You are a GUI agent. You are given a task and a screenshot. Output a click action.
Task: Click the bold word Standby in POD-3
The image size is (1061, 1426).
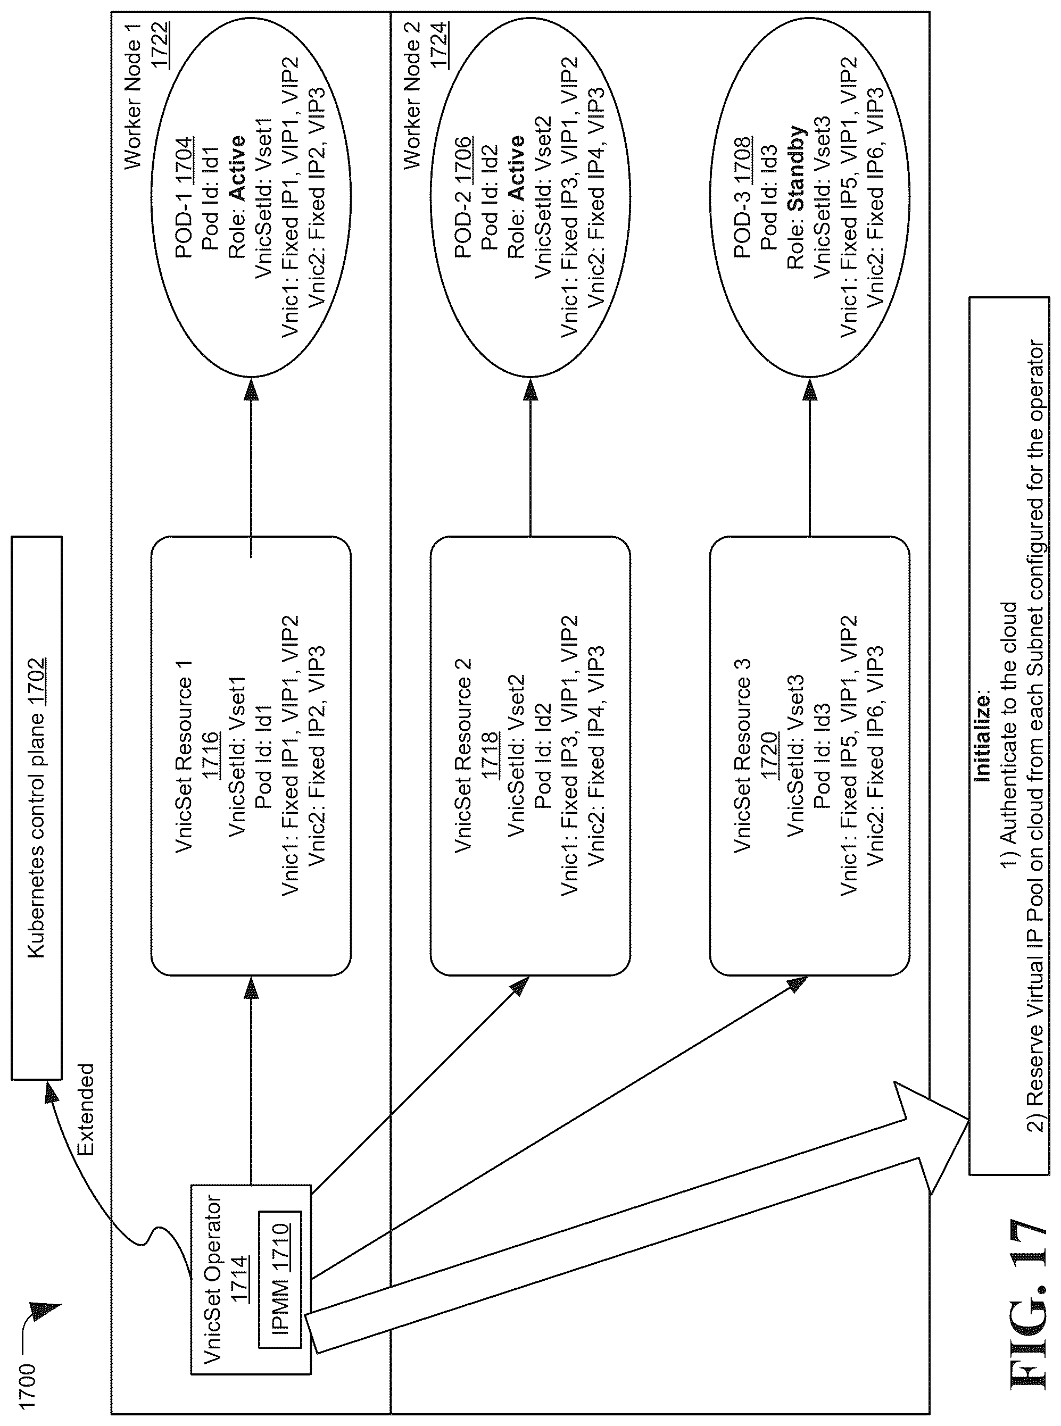point(797,168)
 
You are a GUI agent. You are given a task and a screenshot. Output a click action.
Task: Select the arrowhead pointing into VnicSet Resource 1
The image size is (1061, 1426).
point(251,989)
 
